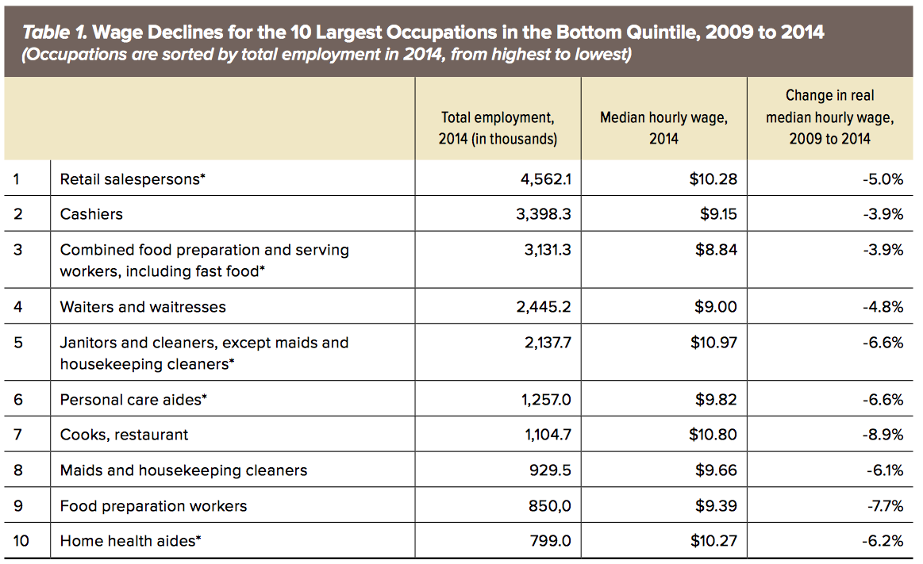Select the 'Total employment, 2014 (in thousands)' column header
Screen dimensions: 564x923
click(498, 128)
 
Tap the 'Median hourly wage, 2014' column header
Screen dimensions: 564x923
click(663, 128)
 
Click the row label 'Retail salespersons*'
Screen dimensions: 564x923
click(133, 179)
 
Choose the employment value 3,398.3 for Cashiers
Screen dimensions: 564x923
click(544, 214)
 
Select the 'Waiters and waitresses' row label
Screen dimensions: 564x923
click(143, 307)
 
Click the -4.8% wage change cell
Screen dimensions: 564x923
click(883, 307)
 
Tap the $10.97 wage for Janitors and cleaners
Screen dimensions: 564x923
click(713, 343)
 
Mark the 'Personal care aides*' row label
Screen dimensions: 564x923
click(133, 400)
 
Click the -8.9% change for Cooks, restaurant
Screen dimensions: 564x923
click(883, 435)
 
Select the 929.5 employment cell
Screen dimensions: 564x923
click(550, 470)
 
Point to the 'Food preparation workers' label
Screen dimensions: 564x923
click(153, 506)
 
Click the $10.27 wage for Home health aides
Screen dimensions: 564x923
click(713, 541)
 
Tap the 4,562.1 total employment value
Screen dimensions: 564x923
click(544, 179)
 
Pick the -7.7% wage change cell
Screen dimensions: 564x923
click(883, 506)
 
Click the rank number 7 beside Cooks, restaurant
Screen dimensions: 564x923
click(17, 435)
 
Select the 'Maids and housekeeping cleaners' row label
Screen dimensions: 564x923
click(183, 470)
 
